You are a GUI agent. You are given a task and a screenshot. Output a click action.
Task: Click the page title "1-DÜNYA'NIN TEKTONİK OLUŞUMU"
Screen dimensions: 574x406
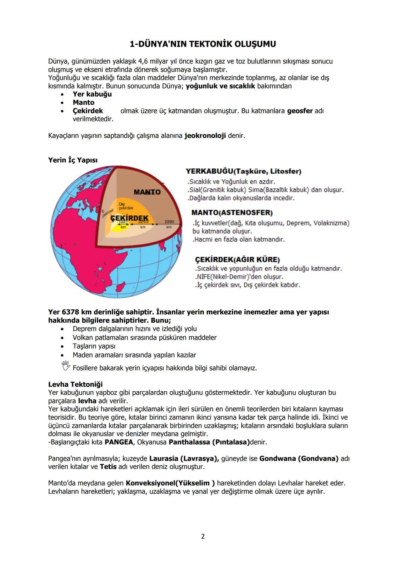(203, 44)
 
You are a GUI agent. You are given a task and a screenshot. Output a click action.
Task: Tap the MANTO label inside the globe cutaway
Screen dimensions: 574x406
(147, 192)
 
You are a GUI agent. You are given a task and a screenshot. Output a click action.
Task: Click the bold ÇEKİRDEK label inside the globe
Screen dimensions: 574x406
(129, 218)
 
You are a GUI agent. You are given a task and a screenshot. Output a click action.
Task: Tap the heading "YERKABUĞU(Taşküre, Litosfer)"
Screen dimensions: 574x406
(243, 171)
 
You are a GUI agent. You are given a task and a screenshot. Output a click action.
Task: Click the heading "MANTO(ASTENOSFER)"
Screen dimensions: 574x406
(232, 213)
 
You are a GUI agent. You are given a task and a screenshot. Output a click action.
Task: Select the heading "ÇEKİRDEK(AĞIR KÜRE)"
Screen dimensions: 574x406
(237, 260)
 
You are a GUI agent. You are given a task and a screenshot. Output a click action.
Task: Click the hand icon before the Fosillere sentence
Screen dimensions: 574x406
(66, 366)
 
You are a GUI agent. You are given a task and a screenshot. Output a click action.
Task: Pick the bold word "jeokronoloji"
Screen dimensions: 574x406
(205, 136)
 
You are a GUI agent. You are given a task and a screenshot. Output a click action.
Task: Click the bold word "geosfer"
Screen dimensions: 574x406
(300, 111)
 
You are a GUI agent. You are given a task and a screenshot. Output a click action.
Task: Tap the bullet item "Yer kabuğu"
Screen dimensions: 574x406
(92, 94)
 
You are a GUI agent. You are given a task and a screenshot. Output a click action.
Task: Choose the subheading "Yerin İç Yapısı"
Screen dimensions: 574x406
(73, 160)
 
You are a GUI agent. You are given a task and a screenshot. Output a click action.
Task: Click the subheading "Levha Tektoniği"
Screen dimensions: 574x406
(75, 384)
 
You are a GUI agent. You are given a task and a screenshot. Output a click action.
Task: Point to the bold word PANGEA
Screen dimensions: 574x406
(119, 442)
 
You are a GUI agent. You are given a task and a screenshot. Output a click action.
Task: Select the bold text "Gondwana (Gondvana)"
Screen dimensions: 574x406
(298, 459)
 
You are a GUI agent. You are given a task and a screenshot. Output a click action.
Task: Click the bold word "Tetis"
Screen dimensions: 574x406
(108, 467)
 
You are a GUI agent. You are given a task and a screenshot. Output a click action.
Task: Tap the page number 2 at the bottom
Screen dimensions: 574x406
(203, 536)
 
